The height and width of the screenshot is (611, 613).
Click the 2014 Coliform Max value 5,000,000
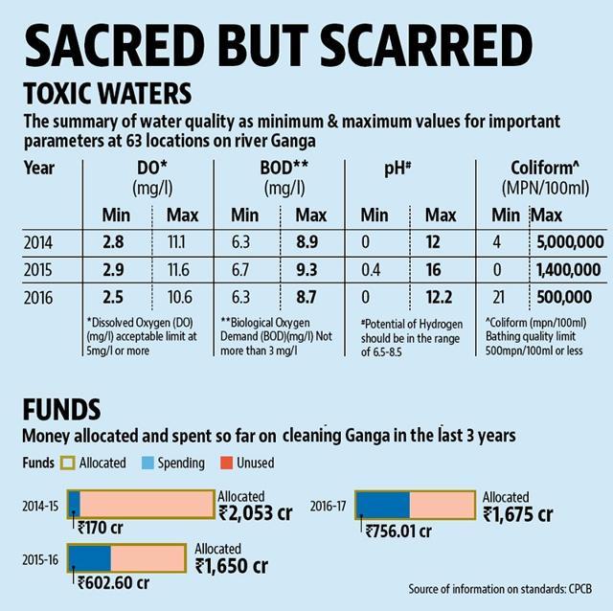pos(570,242)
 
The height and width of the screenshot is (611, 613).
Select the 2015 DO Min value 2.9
pos(113,270)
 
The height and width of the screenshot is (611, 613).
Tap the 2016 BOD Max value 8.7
pos(306,297)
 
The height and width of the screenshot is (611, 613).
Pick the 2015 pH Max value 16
pos(434,270)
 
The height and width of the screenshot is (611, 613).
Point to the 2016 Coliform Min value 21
pos(498,297)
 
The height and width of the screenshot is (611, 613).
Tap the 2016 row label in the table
pos(38,298)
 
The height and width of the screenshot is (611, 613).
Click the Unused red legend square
pos(227,463)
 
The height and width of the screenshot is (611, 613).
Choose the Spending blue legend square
pos(148,463)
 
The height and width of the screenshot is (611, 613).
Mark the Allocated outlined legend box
pos(67,463)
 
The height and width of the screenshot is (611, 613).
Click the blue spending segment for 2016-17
pos(383,505)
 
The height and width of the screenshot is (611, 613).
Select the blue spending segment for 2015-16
pos(90,557)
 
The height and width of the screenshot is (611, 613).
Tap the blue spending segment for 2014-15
pos(75,505)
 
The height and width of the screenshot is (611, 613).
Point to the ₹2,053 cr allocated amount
pos(256,513)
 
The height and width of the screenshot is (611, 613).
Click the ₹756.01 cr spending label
pos(398,531)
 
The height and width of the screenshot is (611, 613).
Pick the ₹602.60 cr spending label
pos(113,583)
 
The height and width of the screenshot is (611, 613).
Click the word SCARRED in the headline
pos(426,46)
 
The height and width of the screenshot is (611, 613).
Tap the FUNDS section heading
pos(61,409)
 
